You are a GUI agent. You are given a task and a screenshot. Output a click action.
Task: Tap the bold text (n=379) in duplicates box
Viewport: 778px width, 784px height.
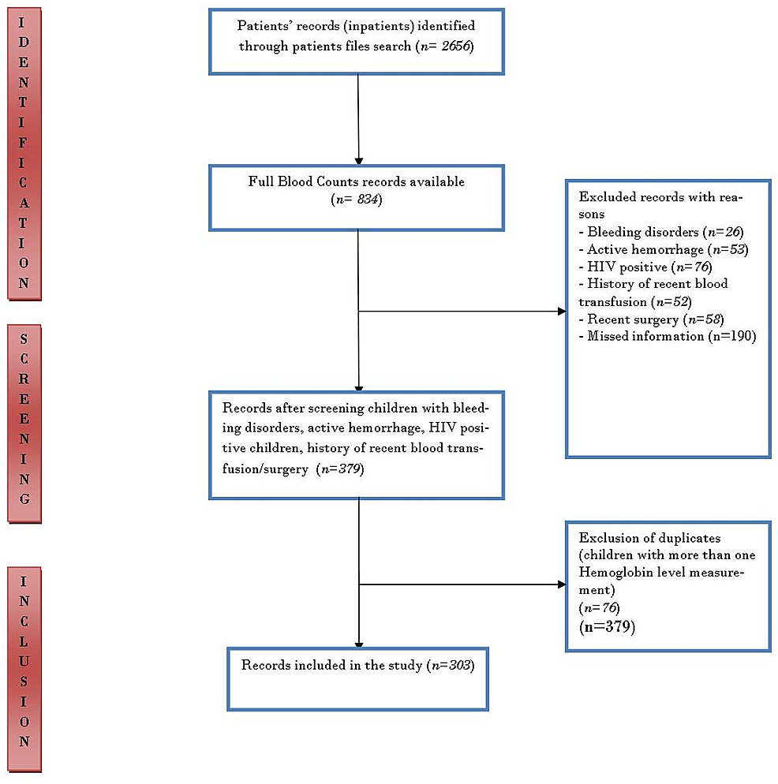click(x=607, y=627)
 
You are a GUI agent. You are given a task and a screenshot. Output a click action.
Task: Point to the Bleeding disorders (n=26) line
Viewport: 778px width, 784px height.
click(x=661, y=233)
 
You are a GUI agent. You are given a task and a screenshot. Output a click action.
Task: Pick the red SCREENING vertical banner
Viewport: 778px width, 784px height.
click(x=24, y=423)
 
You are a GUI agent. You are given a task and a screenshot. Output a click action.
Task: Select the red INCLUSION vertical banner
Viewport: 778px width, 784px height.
click(x=24, y=669)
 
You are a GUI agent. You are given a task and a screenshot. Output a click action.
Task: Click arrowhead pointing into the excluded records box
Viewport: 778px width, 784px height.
click(x=562, y=312)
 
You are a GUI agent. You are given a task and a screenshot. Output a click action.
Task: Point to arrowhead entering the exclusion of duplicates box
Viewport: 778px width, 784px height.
click(x=562, y=584)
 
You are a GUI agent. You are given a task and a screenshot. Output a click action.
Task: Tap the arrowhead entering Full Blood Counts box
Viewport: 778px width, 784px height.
click(x=359, y=161)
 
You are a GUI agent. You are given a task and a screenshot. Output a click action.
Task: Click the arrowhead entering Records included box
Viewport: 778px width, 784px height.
click(x=359, y=644)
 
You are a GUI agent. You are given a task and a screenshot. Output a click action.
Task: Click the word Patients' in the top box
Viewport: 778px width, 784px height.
click(x=264, y=25)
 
